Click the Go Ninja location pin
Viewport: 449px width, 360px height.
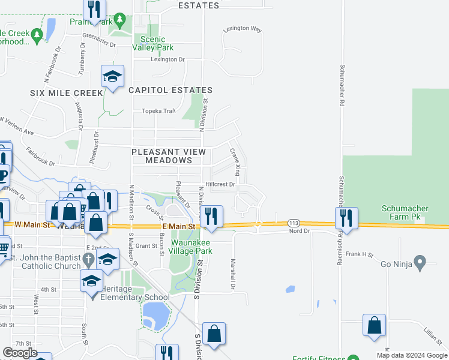pyautogui.click(x=420, y=262)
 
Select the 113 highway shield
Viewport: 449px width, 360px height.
pyautogui.click(x=294, y=223)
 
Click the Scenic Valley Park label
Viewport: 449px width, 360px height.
pyautogui.click(x=152, y=43)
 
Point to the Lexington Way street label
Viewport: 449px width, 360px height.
pyautogui.click(x=243, y=29)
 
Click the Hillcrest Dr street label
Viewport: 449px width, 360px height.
pyautogui.click(x=220, y=185)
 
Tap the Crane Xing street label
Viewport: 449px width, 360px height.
pyautogui.click(x=235, y=163)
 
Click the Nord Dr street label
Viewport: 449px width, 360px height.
pyautogui.click(x=298, y=231)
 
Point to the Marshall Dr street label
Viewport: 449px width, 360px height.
pyautogui.click(x=232, y=274)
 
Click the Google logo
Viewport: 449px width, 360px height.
pyautogui.click(x=20, y=353)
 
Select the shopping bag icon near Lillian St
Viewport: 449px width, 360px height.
pyautogui.click(x=374, y=325)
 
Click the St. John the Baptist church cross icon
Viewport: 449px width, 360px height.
pyautogui.click(x=88, y=260)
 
